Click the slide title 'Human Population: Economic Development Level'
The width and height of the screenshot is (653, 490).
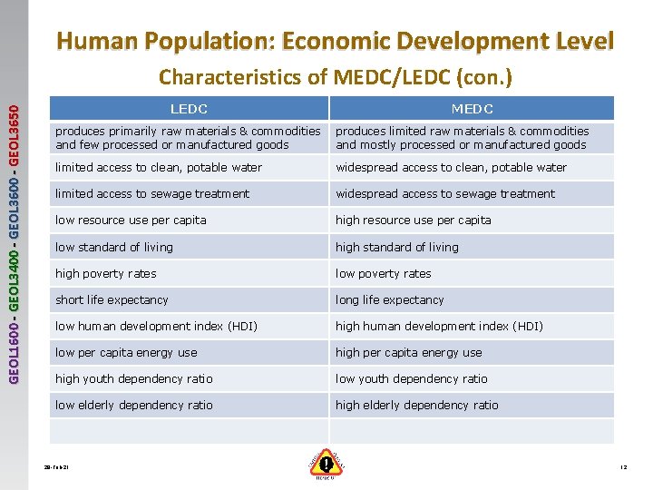(335, 41)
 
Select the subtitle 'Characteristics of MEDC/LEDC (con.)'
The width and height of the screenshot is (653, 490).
(335, 78)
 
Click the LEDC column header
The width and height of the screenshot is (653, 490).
(189, 109)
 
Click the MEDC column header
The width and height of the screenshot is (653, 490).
(472, 109)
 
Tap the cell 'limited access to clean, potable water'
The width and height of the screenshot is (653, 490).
(159, 168)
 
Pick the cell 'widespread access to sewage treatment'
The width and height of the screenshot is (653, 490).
(446, 194)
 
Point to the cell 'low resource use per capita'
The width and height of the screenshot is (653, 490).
(131, 220)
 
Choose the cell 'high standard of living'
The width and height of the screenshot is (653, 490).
(397, 247)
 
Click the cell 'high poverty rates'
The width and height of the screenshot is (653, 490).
(106, 273)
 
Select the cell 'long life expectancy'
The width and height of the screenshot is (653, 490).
(390, 299)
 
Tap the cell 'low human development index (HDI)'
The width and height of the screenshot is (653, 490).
(156, 326)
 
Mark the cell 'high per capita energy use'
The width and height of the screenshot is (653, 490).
(409, 352)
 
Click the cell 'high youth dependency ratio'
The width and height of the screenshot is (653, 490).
(134, 378)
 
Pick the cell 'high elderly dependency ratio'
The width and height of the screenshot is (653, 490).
(417, 405)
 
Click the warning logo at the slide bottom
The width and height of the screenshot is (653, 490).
(326, 464)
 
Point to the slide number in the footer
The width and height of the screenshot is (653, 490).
(623, 466)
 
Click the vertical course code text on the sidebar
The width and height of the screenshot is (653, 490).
(14, 231)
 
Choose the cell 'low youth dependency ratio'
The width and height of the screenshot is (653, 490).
(412, 378)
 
